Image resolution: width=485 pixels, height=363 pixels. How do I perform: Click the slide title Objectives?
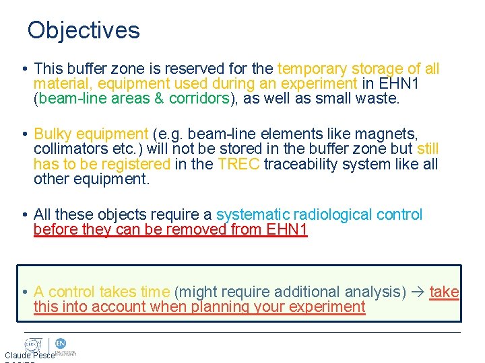coord(84,30)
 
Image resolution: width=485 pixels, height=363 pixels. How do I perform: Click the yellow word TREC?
coord(239,164)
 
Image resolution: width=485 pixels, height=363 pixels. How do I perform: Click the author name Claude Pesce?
coord(29,355)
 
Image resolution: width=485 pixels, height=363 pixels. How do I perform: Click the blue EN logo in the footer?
coord(59,344)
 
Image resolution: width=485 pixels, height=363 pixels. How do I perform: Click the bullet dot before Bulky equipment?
coord(24,134)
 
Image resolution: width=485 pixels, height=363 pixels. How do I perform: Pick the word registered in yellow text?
coord(137,164)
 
